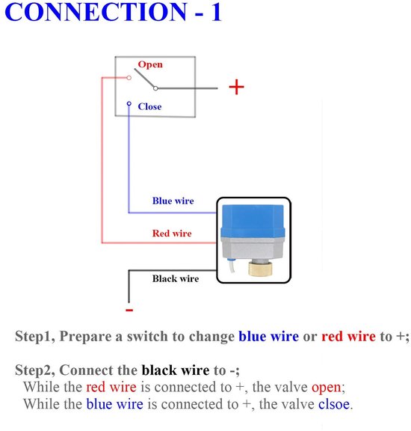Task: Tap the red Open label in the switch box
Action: [150, 65]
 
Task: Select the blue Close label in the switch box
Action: [149, 106]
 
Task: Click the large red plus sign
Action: [236, 87]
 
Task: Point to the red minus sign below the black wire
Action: [129, 310]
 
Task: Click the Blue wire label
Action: [173, 201]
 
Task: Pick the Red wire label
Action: [172, 233]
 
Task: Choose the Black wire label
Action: [176, 278]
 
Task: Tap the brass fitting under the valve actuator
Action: [260, 269]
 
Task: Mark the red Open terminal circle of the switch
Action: [129, 78]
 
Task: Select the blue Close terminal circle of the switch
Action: [129, 103]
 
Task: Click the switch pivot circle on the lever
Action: [155, 88]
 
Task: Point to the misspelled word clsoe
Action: [334, 404]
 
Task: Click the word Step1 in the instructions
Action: [35, 336]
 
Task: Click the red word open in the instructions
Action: [326, 388]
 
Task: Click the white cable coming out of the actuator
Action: [231, 266]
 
